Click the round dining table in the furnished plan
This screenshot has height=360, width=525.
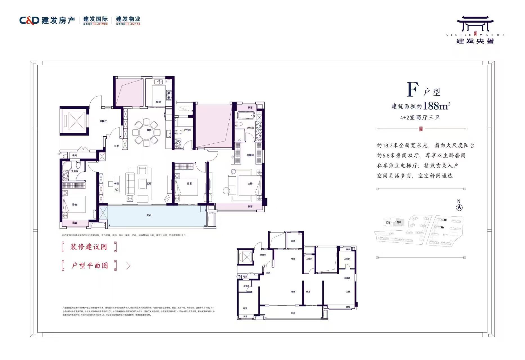pos(146,132)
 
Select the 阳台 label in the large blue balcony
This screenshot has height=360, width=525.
pos(149,215)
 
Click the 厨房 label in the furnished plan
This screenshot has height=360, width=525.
pos(158,102)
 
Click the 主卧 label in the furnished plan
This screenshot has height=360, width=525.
pos(250,184)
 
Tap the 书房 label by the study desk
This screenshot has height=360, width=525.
pos(116,184)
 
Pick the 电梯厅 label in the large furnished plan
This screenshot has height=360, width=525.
pos(103,121)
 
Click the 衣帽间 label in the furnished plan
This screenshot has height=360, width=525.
pos(250,155)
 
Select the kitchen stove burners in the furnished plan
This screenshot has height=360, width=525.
pos(169,95)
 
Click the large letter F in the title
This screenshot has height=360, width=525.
pos(413,90)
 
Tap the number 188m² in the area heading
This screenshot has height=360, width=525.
pos(436,106)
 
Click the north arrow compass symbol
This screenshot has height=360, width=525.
pos(459,208)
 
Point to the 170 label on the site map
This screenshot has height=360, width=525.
pos(388,223)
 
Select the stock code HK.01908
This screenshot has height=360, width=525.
pos(100,24)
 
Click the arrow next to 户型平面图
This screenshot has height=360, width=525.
pos(129,266)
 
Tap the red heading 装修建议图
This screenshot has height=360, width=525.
pos(89,247)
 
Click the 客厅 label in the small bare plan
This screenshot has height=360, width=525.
pos(293,292)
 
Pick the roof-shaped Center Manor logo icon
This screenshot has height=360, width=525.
pos(475,24)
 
